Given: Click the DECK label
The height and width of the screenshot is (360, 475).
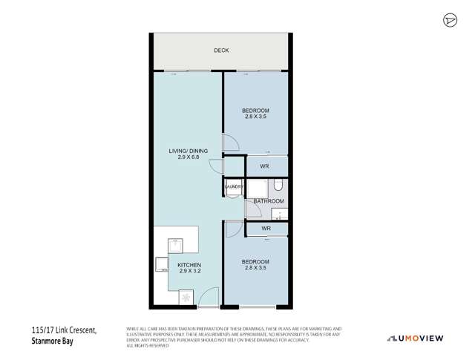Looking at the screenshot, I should coord(221,50).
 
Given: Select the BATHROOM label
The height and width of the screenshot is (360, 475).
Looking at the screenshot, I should coord(269,201).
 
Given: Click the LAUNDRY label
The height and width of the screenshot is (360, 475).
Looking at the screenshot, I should coord(233,187).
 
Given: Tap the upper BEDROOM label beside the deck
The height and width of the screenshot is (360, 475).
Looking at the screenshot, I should coord(255,111).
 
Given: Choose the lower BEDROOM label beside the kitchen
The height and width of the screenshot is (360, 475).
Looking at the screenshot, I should coord(255,262).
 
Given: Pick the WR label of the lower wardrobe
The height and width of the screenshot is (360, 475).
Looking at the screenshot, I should coord(265,229).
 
